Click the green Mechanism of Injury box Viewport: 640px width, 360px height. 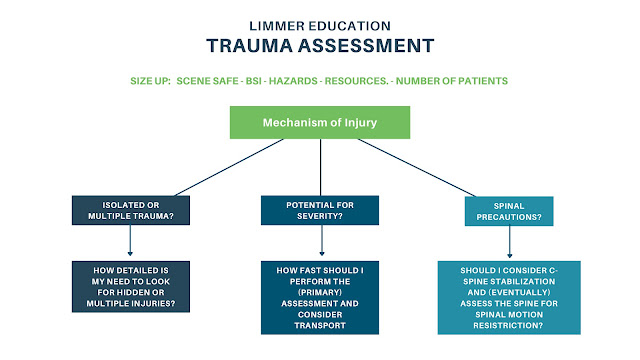(320, 122)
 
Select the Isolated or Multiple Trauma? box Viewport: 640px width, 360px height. (131, 210)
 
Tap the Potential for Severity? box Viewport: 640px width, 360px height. (320, 210)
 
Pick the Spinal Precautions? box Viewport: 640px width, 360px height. (509, 211)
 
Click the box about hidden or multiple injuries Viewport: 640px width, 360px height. (131, 287)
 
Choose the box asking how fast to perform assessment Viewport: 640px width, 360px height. (320, 298)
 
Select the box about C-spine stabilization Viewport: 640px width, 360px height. (509, 298)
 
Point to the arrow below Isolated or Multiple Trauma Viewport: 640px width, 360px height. (130, 240)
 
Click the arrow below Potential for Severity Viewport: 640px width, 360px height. (322, 240)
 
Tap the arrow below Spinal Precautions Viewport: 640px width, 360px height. (509, 242)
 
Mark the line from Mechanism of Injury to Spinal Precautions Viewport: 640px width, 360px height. (417, 168)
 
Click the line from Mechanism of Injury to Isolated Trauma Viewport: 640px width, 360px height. (229, 167)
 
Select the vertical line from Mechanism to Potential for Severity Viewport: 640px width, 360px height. (320, 167)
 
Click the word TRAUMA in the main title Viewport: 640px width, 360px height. (249, 46)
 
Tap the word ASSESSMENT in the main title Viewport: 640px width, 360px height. (366, 46)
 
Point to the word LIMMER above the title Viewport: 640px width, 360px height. (277, 26)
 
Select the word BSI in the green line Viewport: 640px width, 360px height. (253, 81)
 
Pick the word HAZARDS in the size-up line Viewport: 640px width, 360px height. (293, 81)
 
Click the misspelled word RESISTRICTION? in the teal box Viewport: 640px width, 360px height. (509, 326)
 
